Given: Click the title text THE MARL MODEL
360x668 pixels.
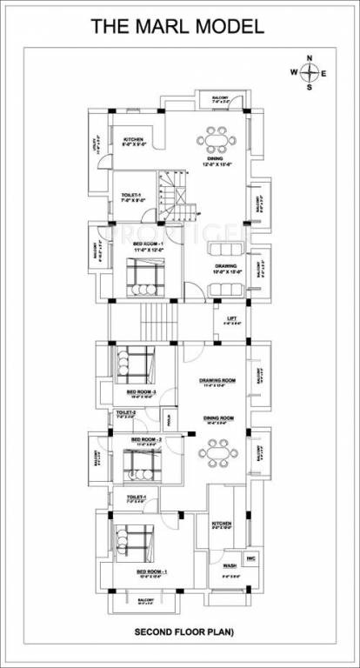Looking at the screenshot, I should click(177, 27).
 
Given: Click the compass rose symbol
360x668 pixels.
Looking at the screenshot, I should click(310, 74).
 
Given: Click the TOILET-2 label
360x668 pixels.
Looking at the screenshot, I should click(125, 414).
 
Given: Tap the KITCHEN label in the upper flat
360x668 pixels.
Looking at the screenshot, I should click(133, 141).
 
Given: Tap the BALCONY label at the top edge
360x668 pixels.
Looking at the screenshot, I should click(217, 100).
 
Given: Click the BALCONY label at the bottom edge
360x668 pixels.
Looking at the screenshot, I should click(144, 600).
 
